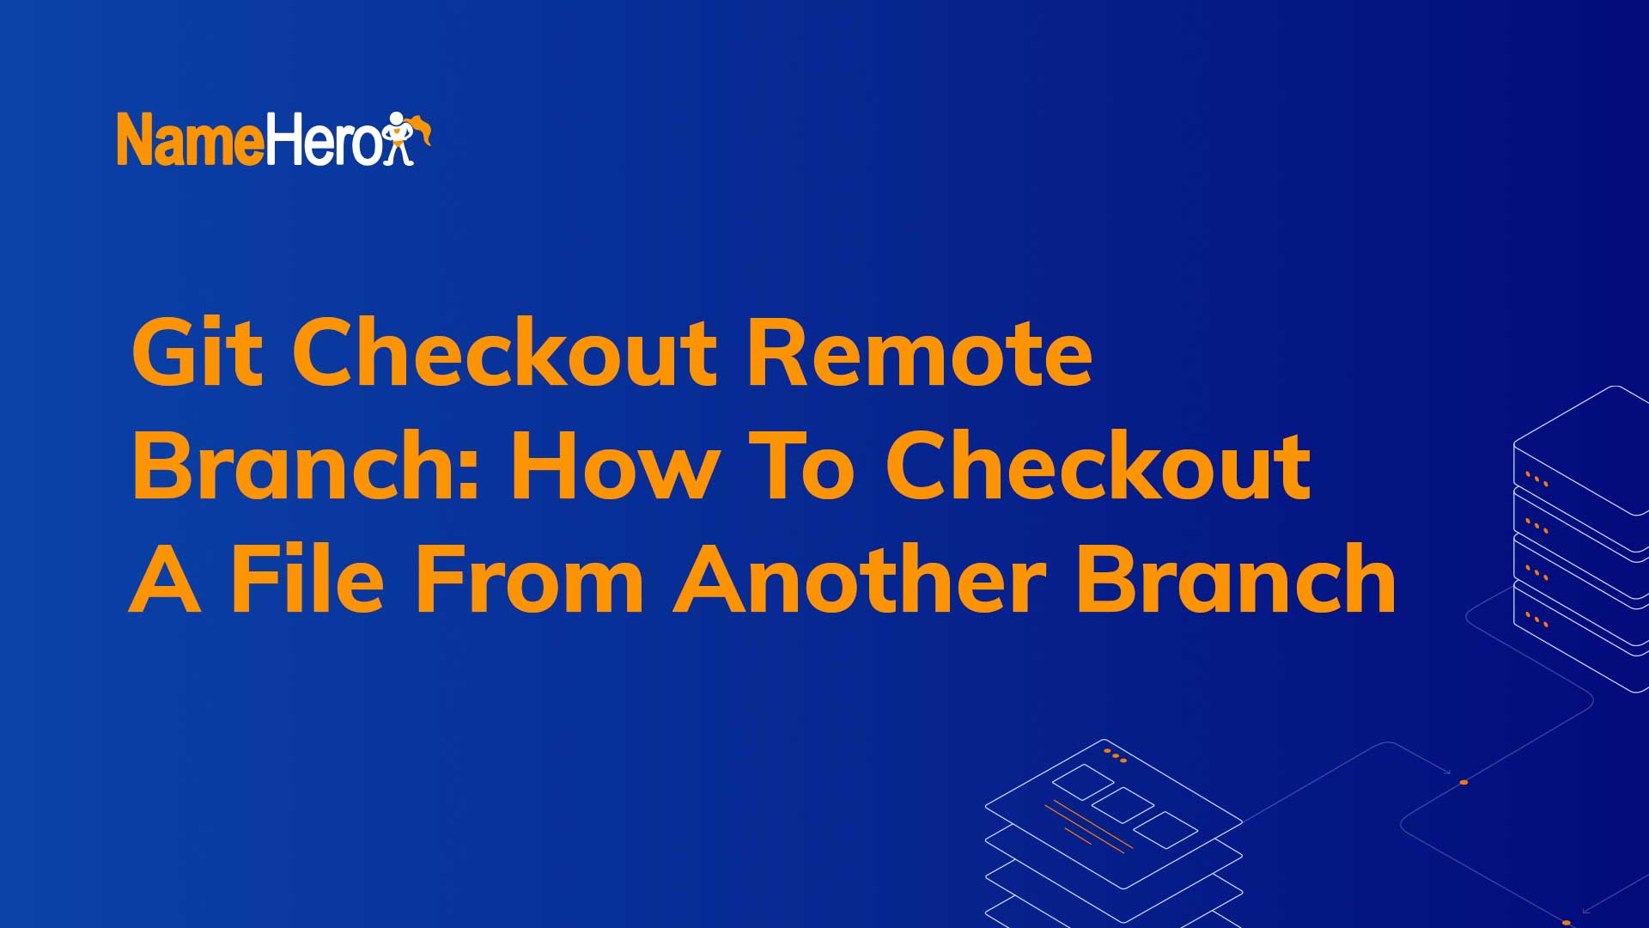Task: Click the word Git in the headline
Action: coord(197,352)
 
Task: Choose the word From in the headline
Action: coord(529,579)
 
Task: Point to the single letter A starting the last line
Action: coord(165,579)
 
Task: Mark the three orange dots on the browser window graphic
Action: coord(1115,756)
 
